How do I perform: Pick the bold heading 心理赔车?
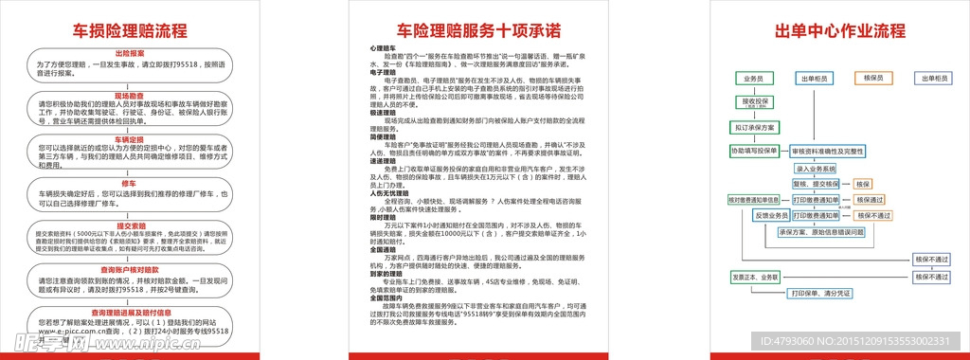(x=383, y=46)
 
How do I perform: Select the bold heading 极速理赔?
(x=383, y=113)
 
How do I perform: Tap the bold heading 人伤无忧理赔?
(x=387, y=193)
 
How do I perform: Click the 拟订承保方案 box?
(x=754, y=127)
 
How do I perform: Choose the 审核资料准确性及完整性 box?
(x=827, y=151)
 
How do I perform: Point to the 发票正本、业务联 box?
(x=755, y=277)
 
